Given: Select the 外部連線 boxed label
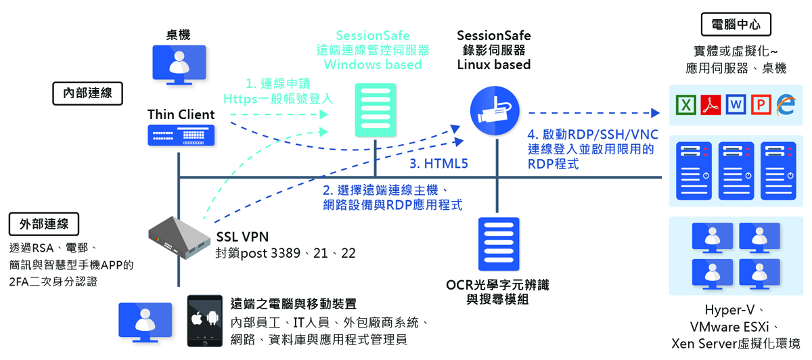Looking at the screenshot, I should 44,224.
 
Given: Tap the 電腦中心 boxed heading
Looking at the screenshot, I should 736,25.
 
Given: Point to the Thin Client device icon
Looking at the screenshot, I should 181,136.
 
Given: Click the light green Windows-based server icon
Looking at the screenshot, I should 375,111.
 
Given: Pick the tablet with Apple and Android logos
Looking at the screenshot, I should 205,321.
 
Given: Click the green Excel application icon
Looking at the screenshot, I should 687,105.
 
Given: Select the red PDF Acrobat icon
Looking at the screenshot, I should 711,105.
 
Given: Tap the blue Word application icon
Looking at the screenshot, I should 736,105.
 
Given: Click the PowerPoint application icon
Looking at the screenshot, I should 761,105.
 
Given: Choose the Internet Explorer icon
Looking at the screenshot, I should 786,105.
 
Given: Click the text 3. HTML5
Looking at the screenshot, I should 438,164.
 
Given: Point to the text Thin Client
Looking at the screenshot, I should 181,114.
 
